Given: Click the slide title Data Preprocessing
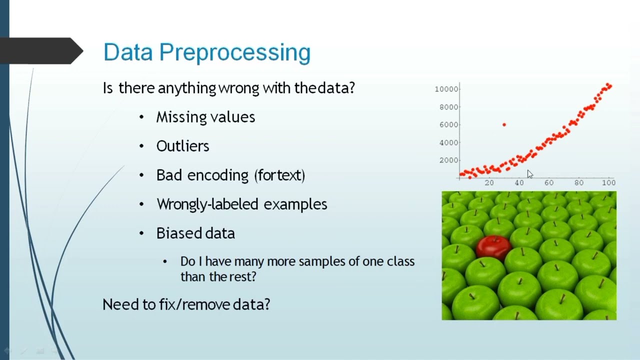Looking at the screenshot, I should (x=206, y=52).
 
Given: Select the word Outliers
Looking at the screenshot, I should (x=182, y=146).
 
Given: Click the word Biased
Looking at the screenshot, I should (x=173, y=233).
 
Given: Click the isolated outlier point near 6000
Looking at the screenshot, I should (x=504, y=124).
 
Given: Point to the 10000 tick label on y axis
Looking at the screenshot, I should (x=446, y=89).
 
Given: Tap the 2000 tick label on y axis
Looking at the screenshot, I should (x=448, y=160).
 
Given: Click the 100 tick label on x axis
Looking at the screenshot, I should (x=608, y=182).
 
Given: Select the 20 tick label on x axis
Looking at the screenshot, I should (x=489, y=182).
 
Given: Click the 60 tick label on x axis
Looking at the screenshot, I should (x=549, y=182).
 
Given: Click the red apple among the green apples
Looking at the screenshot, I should (x=493, y=246).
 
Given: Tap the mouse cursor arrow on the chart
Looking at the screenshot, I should (x=529, y=173).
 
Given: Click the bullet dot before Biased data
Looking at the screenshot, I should (x=141, y=233).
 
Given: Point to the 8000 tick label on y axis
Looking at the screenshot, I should (x=448, y=107).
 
